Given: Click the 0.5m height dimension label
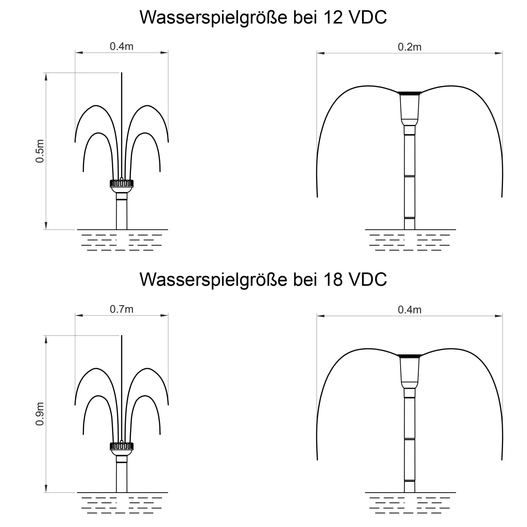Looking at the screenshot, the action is pyautogui.click(x=40, y=151).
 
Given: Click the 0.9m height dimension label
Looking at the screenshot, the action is pyautogui.click(x=40, y=414).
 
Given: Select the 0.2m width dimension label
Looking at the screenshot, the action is pyautogui.click(x=410, y=47).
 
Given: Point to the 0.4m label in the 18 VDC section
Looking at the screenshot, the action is pyautogui.click(x=410, y=310).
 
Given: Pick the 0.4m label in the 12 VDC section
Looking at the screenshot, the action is pyautogui.click(x=122, y=46).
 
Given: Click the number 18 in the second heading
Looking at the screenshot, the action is pyautogui.click(x=333, y=280).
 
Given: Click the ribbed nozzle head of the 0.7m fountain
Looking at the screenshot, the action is pyautogui.click(x=122, y=446).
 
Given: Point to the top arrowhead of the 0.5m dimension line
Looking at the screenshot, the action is pyautogui.click(x=46, y=77).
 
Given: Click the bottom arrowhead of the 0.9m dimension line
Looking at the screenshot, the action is pyautogui.click(x=46, y=489).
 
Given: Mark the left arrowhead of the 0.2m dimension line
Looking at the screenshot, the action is pyautogui.click(x=321, y=53).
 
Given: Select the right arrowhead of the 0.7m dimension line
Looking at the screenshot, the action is pyautogui.click(x=164, y=315).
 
